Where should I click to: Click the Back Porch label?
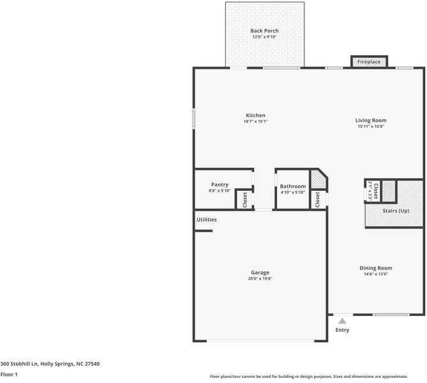(264, 31)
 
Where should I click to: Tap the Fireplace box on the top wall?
(368, 62)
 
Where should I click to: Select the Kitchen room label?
(255, 116)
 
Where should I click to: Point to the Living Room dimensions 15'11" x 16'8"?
(371, 126)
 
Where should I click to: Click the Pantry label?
(220, 184)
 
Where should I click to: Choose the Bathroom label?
(292, 186)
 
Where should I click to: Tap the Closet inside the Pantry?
(244, 199)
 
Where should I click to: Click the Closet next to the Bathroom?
(317, 199)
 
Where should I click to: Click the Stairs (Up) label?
(395, 211)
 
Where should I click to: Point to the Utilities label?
(206, 220)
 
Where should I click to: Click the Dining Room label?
(375, 268)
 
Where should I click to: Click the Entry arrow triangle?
(342, 321)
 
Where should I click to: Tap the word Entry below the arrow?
(342, 330)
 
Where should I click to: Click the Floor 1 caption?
(9, 374)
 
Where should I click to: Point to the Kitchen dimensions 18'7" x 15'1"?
(255, 121)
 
